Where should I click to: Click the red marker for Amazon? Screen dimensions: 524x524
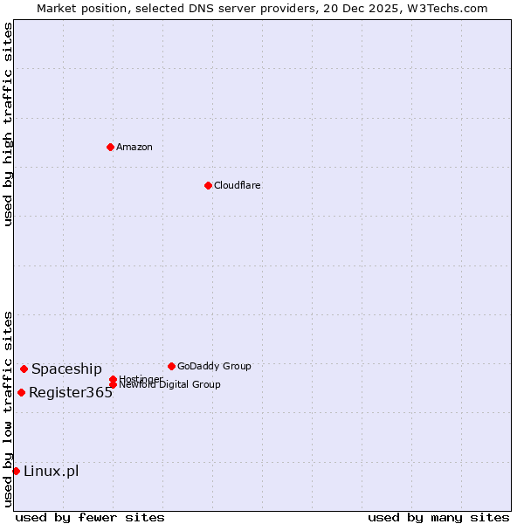(110, 147)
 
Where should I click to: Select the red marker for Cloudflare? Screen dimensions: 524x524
(208, 185)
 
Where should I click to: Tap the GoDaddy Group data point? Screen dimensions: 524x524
(171, 366)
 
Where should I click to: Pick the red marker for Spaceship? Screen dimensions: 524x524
(24, 369)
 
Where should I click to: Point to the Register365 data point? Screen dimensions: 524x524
(21, 392)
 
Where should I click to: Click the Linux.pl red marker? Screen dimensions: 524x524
(16, 472)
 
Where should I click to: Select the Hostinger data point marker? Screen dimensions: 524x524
(113, 379)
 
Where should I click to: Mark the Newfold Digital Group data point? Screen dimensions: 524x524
(113, 385)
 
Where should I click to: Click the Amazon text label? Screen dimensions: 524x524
(134, 147)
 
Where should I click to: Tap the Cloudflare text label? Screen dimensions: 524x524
(238, 185)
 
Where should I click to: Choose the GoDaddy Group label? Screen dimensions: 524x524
(214, 366)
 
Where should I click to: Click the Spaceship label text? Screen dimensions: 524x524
(66, 369)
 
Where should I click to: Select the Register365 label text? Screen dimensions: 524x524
(71, 392)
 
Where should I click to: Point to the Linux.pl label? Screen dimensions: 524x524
(51, 472)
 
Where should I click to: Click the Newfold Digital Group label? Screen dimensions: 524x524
(170, 385)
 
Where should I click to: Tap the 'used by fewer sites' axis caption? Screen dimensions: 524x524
(90, 517)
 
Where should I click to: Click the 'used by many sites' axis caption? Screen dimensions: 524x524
(438, 517)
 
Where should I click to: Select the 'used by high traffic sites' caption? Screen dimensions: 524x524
(9, 124)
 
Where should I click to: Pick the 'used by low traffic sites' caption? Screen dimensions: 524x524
(9, 409)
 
